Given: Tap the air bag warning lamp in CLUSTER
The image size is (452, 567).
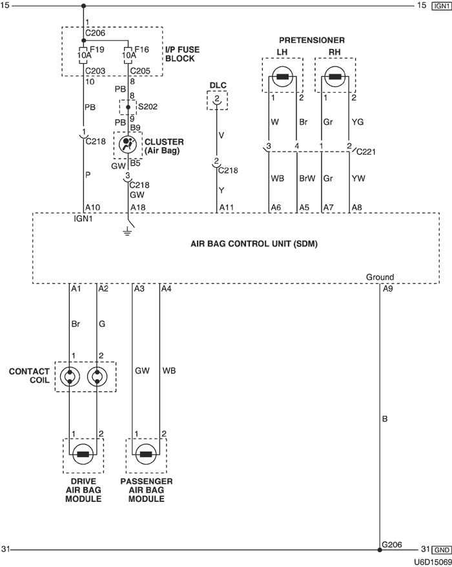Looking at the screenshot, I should click(128, 144).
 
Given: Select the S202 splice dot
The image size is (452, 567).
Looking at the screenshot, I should click(128, 107).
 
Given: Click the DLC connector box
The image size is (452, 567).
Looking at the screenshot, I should click(217, 100).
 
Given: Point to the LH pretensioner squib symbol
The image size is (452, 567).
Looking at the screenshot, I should click(282, 79).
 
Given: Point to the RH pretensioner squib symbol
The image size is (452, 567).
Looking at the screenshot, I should click(335, 79).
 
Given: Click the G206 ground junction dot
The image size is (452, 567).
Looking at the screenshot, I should click(380, 550).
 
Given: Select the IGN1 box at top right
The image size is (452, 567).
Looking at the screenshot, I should click(441, 6).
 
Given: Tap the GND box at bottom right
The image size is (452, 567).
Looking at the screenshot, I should click(441, 550).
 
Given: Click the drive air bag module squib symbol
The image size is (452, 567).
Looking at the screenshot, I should click(83, 455).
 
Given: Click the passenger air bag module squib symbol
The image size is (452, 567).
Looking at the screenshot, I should click(146, 455).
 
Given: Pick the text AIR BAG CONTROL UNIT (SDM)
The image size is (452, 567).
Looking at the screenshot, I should click(254, 244).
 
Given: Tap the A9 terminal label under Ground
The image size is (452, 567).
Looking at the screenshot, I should click(387, 288).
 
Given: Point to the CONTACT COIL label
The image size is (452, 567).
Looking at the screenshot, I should click(29, 377).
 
